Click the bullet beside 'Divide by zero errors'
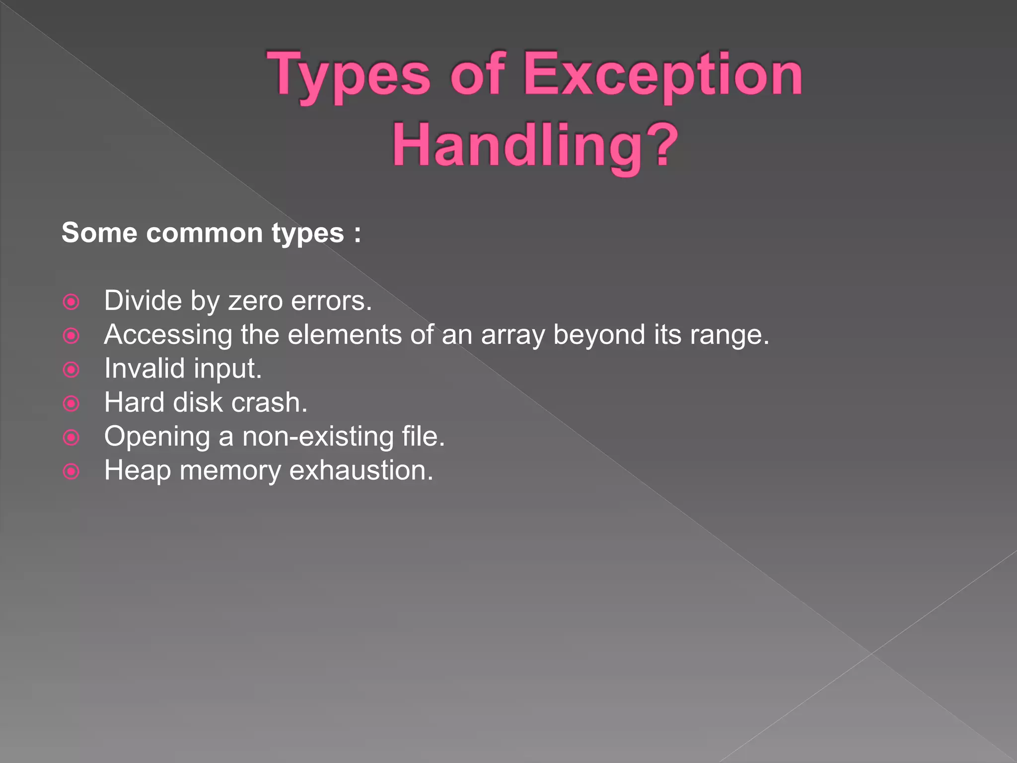tap(72, 302)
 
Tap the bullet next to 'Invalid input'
tap(72, 370)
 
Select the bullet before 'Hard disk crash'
tap(72, 403)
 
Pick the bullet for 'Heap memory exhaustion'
tap(72, 471)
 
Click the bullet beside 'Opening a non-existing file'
tap(72, 437)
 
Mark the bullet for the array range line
tap(72, 336)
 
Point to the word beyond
tap(599, 335)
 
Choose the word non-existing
tap(318, 437)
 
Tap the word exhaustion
tap(361, 470)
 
